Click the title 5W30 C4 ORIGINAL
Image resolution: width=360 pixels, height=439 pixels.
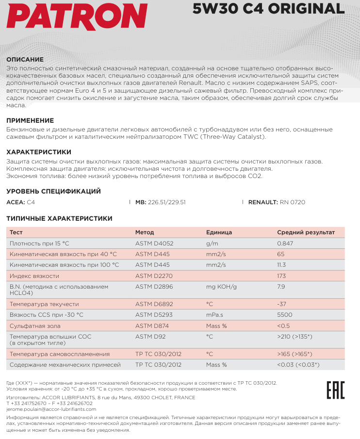(272, 9)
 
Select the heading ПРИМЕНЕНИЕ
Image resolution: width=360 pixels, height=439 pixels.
(30, 120)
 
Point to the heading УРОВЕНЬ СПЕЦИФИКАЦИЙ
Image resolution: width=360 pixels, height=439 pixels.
(53, 191)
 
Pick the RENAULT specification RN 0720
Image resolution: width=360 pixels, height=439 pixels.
(293, 202)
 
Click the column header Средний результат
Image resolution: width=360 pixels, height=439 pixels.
(306, 232)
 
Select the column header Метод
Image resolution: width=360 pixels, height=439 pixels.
(145, 232)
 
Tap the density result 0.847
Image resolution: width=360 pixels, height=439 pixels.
(285, 243)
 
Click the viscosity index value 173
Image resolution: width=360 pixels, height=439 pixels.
(281, 276)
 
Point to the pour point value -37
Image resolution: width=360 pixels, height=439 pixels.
(282, 304)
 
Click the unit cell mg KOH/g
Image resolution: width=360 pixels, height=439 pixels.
(221, 287)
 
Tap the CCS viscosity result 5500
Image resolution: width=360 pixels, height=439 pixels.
(284, 315)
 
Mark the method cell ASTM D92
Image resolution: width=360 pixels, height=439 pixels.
(149, 336)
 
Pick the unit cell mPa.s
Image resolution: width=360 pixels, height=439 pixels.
(215, 315)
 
